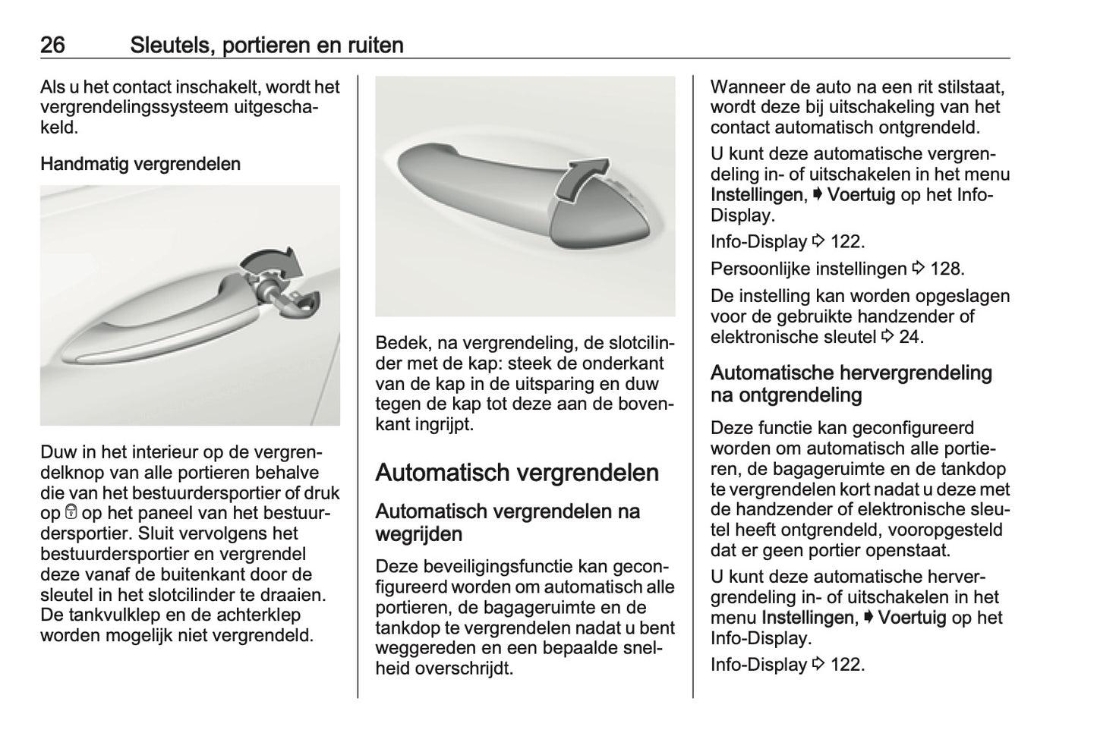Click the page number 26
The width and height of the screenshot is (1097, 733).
[52, 46]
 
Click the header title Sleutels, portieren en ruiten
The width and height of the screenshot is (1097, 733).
[266, 46]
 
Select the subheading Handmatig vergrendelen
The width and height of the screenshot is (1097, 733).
[140, 164]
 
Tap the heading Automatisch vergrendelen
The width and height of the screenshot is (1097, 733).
[517, 473]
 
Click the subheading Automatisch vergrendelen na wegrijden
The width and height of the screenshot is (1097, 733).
[507, 523]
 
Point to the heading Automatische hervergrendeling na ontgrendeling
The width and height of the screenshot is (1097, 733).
[851, 384]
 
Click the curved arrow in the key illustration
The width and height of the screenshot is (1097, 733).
[275, 263]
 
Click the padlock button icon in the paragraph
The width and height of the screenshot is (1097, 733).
[72, 513]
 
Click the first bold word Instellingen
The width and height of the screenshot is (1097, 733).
[756, 195]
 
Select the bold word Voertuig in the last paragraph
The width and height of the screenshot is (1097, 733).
[912, 618]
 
